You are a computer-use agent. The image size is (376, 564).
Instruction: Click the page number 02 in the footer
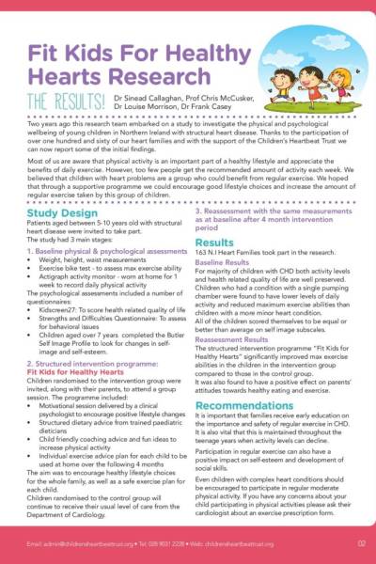point(361,543)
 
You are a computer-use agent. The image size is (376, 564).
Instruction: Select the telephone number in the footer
point(173,543)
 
